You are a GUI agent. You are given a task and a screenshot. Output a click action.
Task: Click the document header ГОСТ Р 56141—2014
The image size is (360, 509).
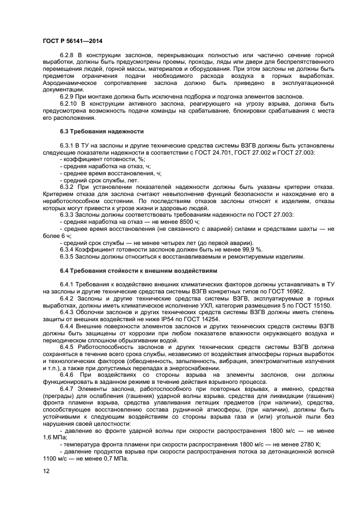[72, 41]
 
